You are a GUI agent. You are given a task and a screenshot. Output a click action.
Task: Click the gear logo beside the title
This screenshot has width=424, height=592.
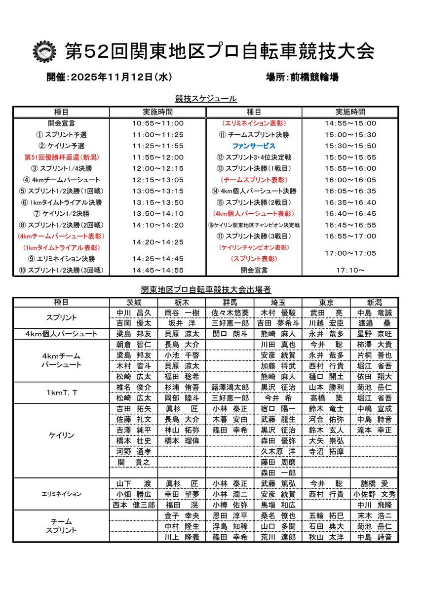45,51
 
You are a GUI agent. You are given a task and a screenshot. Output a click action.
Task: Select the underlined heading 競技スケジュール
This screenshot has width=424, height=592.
206,99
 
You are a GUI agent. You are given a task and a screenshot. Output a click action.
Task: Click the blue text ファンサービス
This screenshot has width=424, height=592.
254,146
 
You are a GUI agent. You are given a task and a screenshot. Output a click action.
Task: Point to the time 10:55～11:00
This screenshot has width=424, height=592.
158,123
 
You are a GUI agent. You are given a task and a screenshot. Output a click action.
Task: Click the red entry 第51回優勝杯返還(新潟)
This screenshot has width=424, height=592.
61,158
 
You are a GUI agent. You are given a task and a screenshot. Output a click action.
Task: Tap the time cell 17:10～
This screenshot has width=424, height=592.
350,270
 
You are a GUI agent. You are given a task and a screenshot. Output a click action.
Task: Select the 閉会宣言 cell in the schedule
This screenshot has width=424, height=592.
254,270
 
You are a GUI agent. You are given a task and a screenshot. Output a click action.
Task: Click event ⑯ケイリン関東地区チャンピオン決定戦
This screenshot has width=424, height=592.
254,225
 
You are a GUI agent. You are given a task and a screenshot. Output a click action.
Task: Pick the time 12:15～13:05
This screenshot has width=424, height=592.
158,180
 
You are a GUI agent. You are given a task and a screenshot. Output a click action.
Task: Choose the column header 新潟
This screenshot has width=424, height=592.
374,302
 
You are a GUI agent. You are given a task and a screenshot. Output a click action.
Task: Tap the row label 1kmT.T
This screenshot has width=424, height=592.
61,393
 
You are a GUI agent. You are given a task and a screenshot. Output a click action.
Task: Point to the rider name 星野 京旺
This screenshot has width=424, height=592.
374,334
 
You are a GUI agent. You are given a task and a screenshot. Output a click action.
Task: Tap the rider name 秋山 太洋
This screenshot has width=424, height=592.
326,537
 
